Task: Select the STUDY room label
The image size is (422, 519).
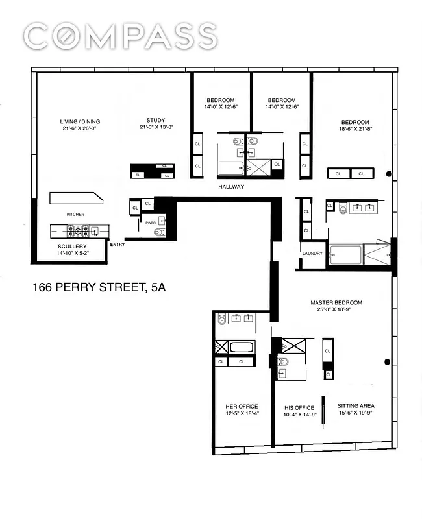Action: coord(156,120)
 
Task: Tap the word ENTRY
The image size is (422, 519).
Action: coord(118,245)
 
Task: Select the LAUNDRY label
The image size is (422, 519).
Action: coord(312,253)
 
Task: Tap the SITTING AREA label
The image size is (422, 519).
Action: coord(356,406)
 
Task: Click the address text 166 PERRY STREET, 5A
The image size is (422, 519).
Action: coord(99,286)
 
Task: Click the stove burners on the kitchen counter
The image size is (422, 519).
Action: coord(79,229)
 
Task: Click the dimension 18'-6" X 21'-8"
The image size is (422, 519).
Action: coord(355,129)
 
